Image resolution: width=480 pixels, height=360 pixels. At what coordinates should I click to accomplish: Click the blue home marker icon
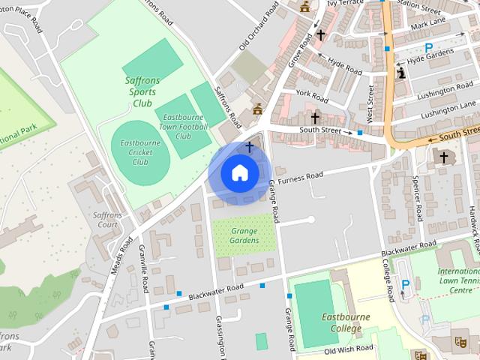pos(239,173)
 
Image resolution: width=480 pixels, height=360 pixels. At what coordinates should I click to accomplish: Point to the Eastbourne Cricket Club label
pos(140,151)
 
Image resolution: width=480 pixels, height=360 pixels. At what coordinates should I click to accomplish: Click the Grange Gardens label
pos(244,235)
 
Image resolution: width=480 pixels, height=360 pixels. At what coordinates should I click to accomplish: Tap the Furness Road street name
pos(299,177)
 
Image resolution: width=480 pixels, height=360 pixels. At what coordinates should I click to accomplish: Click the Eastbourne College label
pos(345,322)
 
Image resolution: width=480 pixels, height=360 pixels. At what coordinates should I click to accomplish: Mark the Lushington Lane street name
pos(448,112)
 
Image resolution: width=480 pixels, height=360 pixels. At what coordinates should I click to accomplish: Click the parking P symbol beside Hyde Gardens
pos(429,46)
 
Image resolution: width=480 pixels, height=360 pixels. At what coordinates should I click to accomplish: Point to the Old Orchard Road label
pos(253,34)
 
